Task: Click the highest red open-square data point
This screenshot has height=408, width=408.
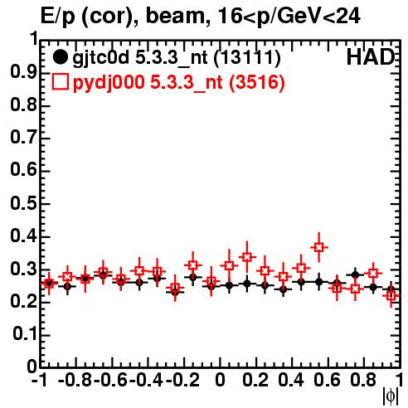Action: (x=319, y=247)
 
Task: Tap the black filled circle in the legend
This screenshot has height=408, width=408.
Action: (x=60, y=57)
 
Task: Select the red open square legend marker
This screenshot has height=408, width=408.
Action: (x=60, y=82)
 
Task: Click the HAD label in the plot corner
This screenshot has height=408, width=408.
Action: (x=371, y=57)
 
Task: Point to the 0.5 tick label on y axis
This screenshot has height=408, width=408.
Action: (x=23, y=204)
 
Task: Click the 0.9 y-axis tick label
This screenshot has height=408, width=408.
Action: (x=23, y=73)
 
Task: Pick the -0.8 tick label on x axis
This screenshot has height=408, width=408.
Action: (x=75, y=380)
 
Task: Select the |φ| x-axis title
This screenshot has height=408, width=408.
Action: (x=391, y=396)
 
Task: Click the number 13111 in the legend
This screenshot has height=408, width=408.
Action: (x=247, y=57)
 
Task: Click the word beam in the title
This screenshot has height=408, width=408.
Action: (x=175, y=17)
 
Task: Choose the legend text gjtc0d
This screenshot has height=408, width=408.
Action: (x=100, y=59)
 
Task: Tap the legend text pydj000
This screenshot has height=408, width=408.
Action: (x=109, y=83)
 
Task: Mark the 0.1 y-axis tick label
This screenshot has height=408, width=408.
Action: (x=25, y=334)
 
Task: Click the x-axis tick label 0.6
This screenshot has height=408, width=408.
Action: (x=327, y=380)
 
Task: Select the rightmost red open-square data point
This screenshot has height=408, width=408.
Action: (x=391, y=296)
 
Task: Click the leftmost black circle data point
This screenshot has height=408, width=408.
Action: (x=49, y=283)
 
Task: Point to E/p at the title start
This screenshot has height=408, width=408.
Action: (x=58, y=17)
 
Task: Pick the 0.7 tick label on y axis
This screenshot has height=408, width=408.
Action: (x=23, y=138)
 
